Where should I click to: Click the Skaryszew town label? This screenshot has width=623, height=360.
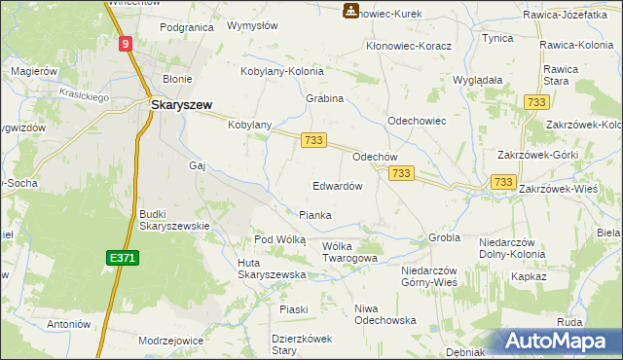181,103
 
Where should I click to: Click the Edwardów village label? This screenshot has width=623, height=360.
338,186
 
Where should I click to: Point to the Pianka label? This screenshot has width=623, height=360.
314,215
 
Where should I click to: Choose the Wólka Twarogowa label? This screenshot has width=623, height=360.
349,252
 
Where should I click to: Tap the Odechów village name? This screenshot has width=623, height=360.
375,156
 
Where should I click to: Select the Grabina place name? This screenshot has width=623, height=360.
325,99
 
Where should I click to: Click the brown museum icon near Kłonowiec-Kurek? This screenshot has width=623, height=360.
349,11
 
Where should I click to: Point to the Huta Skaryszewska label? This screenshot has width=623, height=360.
272,269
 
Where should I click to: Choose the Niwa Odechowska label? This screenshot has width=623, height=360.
385,314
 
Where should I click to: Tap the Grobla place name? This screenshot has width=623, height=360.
444,237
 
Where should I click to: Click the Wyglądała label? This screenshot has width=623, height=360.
477,80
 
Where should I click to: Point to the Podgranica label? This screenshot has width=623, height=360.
186,28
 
